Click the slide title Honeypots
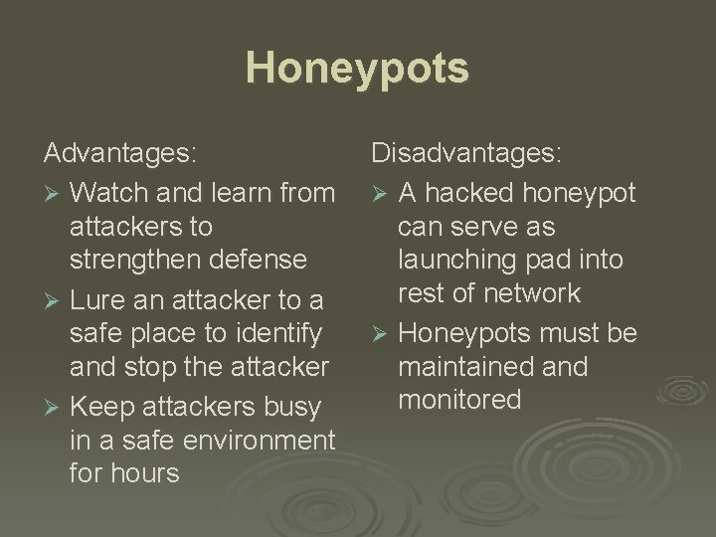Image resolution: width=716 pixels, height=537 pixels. (x=357, y=69)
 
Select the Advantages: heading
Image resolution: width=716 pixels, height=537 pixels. (x=120, y=154)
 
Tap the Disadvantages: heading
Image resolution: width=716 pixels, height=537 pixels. (x=466, y=154)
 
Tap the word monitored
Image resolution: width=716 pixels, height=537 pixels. (x=459, y=400)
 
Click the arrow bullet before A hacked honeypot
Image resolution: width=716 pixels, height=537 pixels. (x=380, y=191)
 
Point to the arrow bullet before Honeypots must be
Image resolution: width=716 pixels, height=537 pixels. (x=380, y=332)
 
